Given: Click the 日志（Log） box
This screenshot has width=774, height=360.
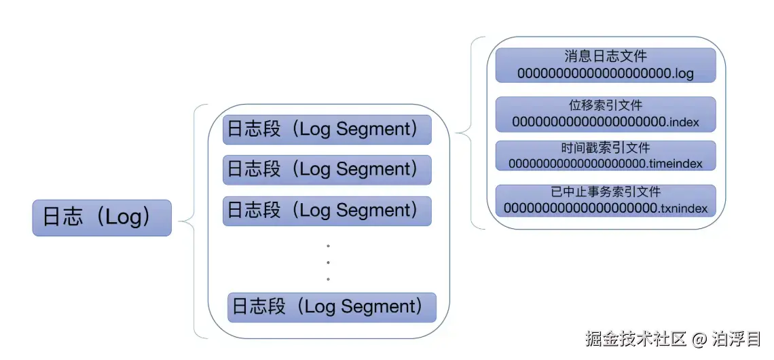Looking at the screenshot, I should click(102, 218).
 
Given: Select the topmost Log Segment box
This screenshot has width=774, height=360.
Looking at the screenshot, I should click(327, 130).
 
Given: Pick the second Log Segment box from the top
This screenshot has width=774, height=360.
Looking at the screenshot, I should click(327, 170).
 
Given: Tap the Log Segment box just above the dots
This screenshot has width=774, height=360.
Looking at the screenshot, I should click(327, 211).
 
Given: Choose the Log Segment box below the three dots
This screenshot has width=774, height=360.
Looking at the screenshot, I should click(331, 307).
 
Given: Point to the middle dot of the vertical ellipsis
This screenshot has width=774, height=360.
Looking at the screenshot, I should click(328, 262).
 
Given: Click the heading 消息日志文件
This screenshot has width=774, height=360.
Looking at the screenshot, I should click(605, 56).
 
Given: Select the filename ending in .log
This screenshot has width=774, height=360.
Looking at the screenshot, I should click(605, 73).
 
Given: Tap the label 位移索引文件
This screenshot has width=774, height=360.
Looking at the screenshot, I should click(605, 106).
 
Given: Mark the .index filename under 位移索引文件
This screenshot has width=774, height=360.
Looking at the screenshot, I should click(605, 122).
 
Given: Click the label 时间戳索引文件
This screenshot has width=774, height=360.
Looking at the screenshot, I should click(605, 148).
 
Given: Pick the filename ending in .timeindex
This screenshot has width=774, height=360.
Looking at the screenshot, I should click(605, 164).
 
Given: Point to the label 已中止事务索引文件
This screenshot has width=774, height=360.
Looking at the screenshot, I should click(605, 192).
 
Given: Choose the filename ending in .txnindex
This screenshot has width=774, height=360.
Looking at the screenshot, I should click(605, 208).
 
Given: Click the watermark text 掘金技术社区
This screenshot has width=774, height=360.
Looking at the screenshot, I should click(636, 338).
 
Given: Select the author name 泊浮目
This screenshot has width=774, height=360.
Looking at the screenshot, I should click(736, 338).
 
